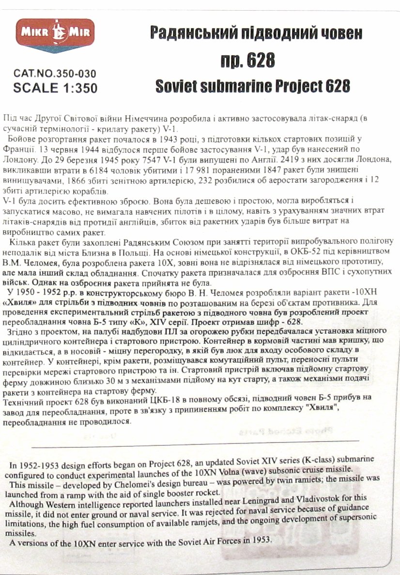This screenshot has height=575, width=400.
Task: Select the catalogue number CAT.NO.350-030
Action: coord(55,74)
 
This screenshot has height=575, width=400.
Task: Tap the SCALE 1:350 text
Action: coord(55,88)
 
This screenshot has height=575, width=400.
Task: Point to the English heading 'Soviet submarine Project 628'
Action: coord(252,86)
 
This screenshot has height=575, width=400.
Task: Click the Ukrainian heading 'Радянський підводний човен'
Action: coord(256,33)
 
